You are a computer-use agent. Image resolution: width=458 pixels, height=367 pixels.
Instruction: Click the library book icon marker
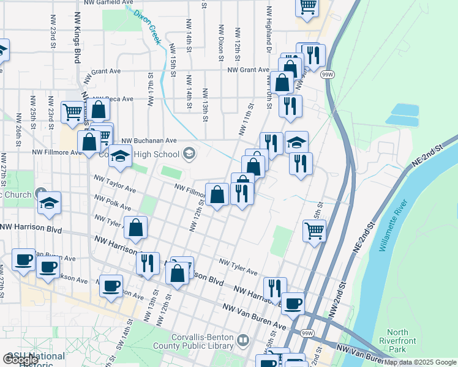click(243, 339)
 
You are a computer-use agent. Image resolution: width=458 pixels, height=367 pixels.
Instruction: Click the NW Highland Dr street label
click(268, 31)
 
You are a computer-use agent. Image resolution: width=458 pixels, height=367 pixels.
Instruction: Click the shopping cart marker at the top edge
click(307, 7)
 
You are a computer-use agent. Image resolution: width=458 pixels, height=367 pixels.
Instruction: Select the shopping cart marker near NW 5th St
click(314, 231)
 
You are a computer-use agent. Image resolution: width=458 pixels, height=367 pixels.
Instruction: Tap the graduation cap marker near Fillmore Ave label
click(121, 156)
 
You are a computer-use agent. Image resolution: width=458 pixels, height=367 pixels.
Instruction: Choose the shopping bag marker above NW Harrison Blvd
click(136, 227)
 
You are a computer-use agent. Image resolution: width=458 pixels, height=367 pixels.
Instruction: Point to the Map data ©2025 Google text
click(420, 362)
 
